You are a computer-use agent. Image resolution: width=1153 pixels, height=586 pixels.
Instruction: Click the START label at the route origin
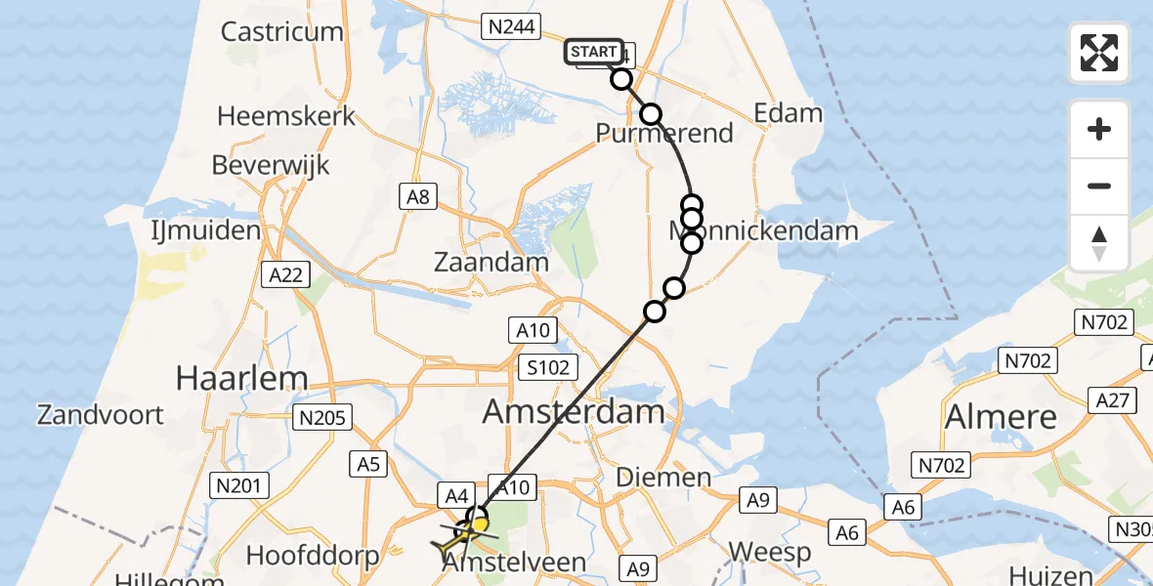(x=593, y=51)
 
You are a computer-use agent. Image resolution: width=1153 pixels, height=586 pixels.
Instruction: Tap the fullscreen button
(x=1099, y=53)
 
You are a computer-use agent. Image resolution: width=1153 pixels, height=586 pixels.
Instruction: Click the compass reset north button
(x=1099, y=243)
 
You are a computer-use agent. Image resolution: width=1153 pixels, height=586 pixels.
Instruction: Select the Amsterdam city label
(x=575, y=411)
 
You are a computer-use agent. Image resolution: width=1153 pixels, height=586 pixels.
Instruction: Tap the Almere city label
(x=1001, y=417)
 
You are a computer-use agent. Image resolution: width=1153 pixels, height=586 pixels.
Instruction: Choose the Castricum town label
(x=281, y=31)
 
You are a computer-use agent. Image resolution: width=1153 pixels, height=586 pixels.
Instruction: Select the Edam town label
(x=788, y=113)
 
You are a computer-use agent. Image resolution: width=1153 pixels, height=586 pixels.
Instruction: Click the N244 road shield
(x=511, y=26)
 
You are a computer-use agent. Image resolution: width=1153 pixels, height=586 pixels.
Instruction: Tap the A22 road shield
(x=286, y=275)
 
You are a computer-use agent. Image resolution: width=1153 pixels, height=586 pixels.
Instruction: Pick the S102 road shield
(x=549, y=366)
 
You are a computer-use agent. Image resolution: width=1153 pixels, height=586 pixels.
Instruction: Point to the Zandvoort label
(x=101, y=414)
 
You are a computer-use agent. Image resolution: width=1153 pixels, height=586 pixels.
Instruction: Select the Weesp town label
(x=769, y=552)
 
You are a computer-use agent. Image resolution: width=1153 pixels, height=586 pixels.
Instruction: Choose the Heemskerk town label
(x=286, y=117)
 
